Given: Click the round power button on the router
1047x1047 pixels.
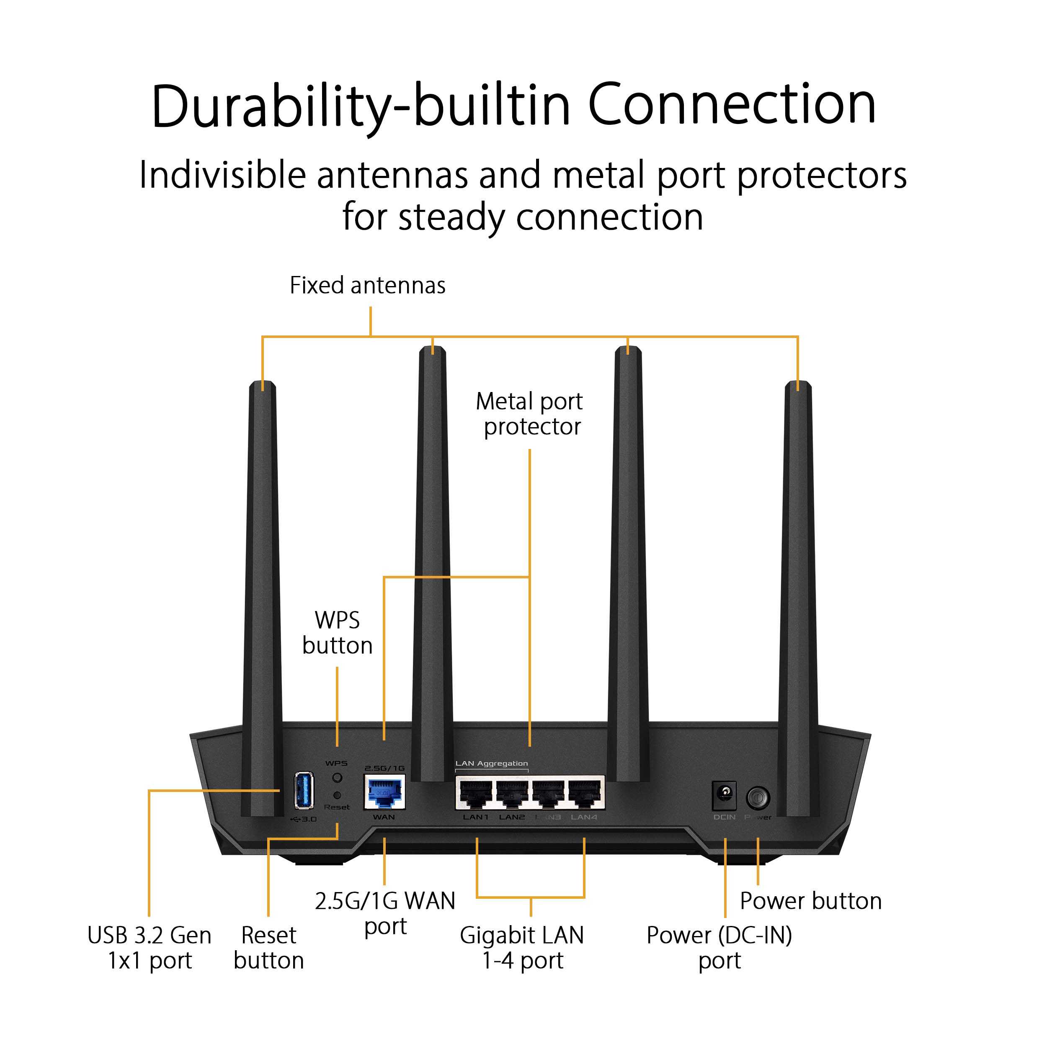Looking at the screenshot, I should coord(758,797).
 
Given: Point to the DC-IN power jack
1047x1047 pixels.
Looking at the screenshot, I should coord(725,794).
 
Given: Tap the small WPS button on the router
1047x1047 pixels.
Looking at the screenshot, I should coord(337,778).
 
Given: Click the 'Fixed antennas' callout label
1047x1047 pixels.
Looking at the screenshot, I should coord(367,286).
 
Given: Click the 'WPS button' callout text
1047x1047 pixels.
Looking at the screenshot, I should coord(337,633).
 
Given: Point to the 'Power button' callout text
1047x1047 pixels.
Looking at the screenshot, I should coord(811,901).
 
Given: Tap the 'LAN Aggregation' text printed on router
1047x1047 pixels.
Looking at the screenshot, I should coord(492,763).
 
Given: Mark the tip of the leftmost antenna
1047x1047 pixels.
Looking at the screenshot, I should coord(263,384).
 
